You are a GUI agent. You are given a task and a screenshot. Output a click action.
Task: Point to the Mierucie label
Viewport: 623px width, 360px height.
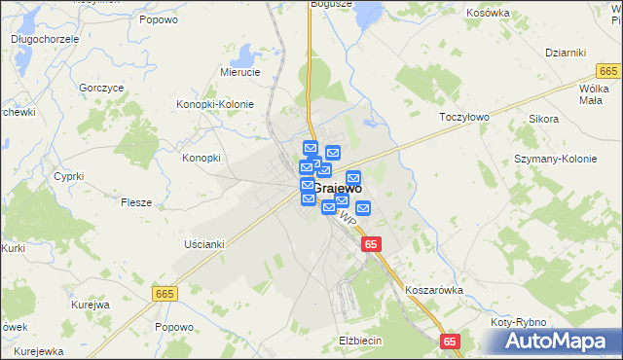coord(239,72)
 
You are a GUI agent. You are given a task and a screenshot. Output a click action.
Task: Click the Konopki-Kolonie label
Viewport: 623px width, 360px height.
coord(214,104)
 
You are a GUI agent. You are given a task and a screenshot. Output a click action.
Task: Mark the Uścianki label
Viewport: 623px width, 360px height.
coord(204,244)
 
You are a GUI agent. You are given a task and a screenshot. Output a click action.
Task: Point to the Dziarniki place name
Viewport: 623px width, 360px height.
coord(564,53)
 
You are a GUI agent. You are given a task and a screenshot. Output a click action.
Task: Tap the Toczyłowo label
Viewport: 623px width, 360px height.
coord(462,115)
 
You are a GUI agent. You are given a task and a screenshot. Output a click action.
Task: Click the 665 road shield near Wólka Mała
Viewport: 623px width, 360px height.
coord(609,71)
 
